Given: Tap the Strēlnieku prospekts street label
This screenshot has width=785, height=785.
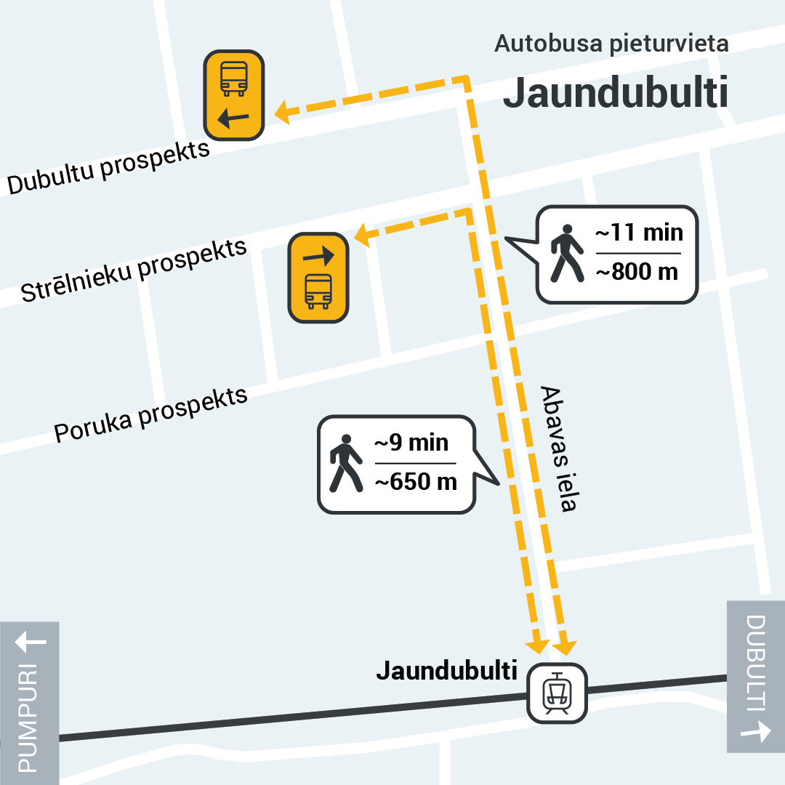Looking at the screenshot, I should (x=134, y=270).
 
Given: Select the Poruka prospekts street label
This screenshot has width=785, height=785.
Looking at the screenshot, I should (x=151, y=415).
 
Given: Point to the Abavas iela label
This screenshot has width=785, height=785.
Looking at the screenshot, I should (x=558, y=448).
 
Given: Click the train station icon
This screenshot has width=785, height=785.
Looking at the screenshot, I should (x=557, y=693).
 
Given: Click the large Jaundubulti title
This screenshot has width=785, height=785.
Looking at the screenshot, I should (x=615, y=93).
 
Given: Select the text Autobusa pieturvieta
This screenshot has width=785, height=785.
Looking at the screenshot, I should (x=611, y=44).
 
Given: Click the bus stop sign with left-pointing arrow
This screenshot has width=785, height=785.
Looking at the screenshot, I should (x=234, y=94).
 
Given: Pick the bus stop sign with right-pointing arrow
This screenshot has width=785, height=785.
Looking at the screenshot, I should (x=318, y=278).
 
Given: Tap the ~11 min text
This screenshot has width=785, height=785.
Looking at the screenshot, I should (x=639, y=233).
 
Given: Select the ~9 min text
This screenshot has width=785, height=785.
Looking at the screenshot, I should (x=411, y=443).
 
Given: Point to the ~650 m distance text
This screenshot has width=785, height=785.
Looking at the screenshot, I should (x=415, y=481).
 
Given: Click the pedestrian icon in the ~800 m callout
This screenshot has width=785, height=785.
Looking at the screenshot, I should (x=566, y=253).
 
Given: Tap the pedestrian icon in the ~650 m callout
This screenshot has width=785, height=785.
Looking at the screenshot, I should (x=345, y=463).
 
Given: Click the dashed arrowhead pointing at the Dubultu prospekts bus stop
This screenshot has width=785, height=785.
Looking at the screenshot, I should (x=283, y=113).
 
